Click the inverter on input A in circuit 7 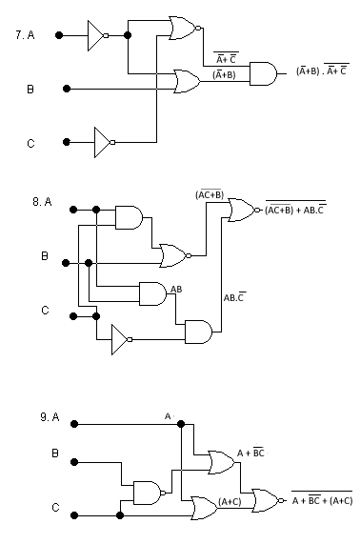pos(97,35)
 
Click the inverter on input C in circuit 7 pos(104,143)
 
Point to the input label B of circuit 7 pos(30,89)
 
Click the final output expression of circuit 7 pos(323,71)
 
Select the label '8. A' pos(43,202)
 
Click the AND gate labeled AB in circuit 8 pos(151,293)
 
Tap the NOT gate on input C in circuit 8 pos(121,338)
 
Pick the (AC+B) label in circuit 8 pos(209,194)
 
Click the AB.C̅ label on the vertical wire pos(235,297)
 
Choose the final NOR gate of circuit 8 pos(242,210)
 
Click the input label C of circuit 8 pos(44,310)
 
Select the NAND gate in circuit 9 pos(148,493)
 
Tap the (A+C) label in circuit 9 pos(231,501)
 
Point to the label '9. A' pos(50,417)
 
